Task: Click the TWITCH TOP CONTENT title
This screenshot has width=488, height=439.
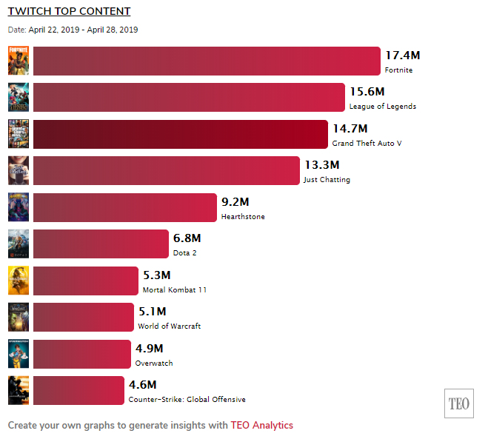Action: click(69, 11)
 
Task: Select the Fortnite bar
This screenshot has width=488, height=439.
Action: click(207, 61)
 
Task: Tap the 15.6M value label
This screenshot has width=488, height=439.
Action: click(367, 92)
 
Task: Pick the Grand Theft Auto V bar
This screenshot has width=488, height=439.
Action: click(181, 134)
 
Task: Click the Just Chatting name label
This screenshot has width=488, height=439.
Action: click(327, 180)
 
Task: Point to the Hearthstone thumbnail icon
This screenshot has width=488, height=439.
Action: click(19, 207)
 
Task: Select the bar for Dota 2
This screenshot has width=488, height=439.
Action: click(101, 244)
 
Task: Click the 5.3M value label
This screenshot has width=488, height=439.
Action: click(157, 275)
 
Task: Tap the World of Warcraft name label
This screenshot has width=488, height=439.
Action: click(169, 326)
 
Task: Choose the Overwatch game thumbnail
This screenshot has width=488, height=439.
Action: click(19, 353)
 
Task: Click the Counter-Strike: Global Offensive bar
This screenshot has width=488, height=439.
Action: click(78, 390)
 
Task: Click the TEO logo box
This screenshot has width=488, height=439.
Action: click(458, 403)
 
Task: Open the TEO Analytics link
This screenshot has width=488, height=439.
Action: click(261, 426)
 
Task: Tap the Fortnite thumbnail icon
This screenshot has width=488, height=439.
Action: click(19, 61)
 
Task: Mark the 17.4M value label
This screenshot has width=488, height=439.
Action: click(403, 56)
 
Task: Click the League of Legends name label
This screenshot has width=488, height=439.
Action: click(382, 107)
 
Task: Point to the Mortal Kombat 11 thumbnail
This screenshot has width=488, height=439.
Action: click(19, 280)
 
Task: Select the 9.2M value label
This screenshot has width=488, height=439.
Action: click(235, 201)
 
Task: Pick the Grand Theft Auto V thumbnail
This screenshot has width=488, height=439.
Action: click(19, 134)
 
